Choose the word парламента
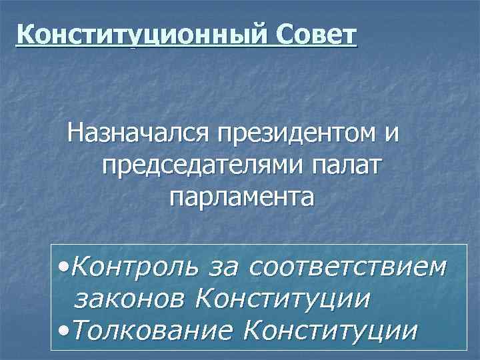point(241,197)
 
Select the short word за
point(222,267)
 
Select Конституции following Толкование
point(331,329)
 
